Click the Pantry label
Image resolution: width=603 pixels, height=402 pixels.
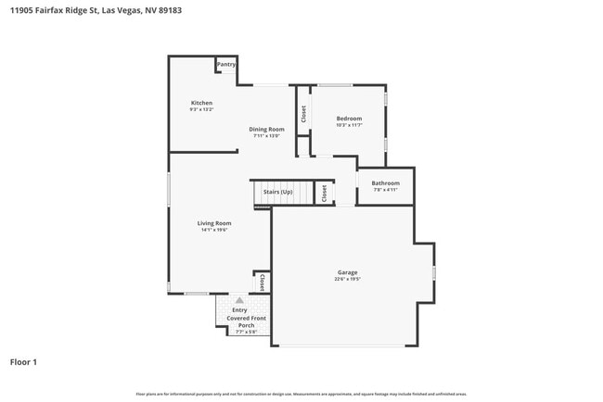click(226, 65)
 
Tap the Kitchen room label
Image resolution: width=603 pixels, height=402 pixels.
click(201, 103)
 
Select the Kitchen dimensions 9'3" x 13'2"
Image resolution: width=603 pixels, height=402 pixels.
click(201, 110)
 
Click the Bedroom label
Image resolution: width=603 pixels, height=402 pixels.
click(349, 119)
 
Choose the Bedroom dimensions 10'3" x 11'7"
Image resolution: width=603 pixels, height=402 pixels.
click(349, 126)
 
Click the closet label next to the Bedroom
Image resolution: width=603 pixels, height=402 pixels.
click(303, 113)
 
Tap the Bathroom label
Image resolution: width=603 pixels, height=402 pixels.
click(385, 183)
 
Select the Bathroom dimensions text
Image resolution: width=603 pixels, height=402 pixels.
click(385, 191)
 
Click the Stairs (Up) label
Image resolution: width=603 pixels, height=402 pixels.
click(277, 192)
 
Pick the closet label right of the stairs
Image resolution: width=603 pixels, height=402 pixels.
click(324, 193)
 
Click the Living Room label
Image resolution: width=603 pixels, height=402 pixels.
click(213, 223)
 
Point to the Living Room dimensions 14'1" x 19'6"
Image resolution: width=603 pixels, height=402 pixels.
click(213, 231)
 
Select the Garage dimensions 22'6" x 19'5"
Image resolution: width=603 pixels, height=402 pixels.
click(347, 279)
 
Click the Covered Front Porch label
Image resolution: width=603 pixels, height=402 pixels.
click(247, 321)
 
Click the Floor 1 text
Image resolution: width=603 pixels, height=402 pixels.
click(23, 362)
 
